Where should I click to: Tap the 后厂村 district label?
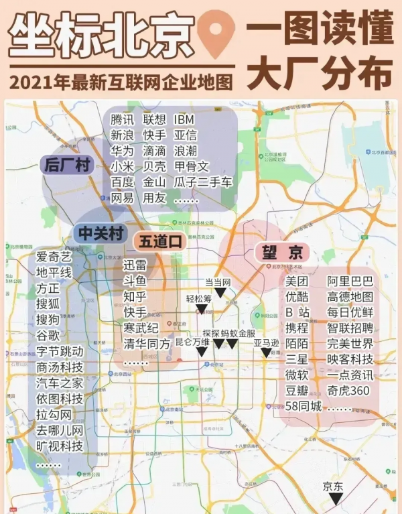[x=66, y=165]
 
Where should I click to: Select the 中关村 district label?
[x=100, y=233]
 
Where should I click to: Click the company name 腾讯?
[x=123, y=120]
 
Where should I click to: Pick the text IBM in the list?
[x=184, y=120]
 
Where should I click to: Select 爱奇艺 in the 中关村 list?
[x=54, y=257]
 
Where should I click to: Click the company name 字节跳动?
[x=60, y=351]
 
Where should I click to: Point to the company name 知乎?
[x=135, y=297]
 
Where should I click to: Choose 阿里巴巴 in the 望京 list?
[x=350, y=281]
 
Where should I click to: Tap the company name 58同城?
[x=304, y=406]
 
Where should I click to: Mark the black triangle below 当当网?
[x=219, y=293]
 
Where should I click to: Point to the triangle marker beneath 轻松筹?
[x=201, y=309]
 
